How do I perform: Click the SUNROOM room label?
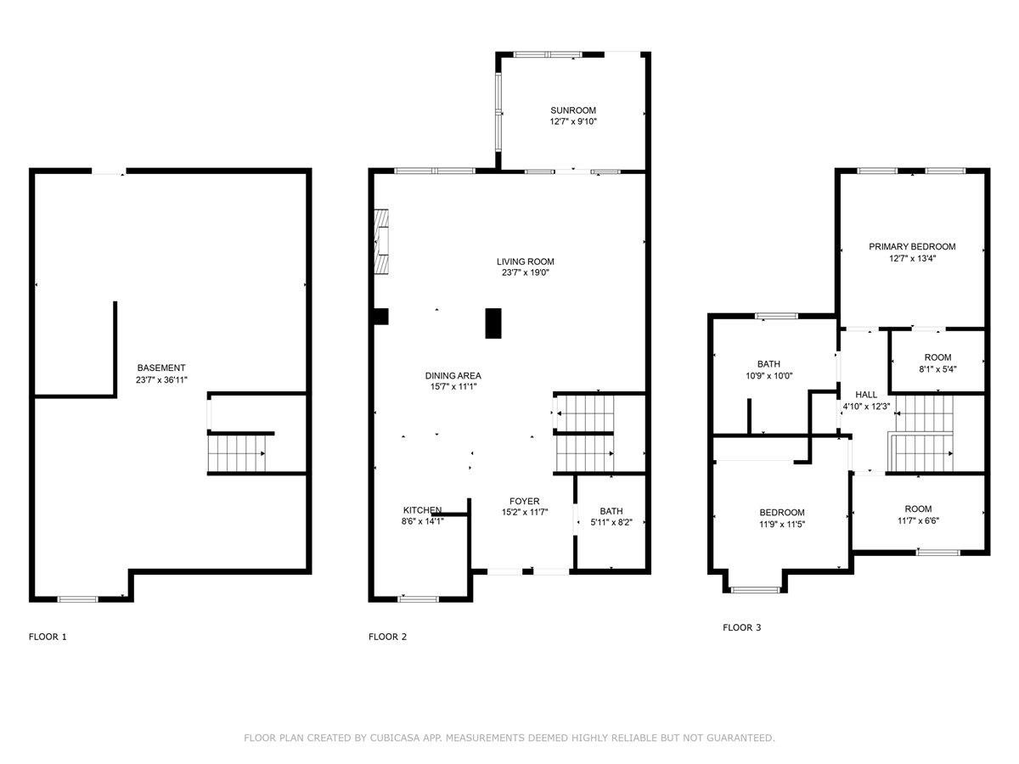pos(573,110)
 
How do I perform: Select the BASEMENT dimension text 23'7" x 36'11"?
pos(161,380)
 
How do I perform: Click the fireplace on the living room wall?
pos(384,241)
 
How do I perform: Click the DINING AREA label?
pos(453,375)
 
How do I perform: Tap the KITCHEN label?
pos(422,510)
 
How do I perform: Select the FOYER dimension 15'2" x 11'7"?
pos(524,513)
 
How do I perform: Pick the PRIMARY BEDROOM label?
pos(912,246)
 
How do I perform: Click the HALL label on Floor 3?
pos(866,395)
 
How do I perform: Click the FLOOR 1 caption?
pos(48,637)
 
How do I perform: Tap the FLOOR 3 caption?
pos(742,628)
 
